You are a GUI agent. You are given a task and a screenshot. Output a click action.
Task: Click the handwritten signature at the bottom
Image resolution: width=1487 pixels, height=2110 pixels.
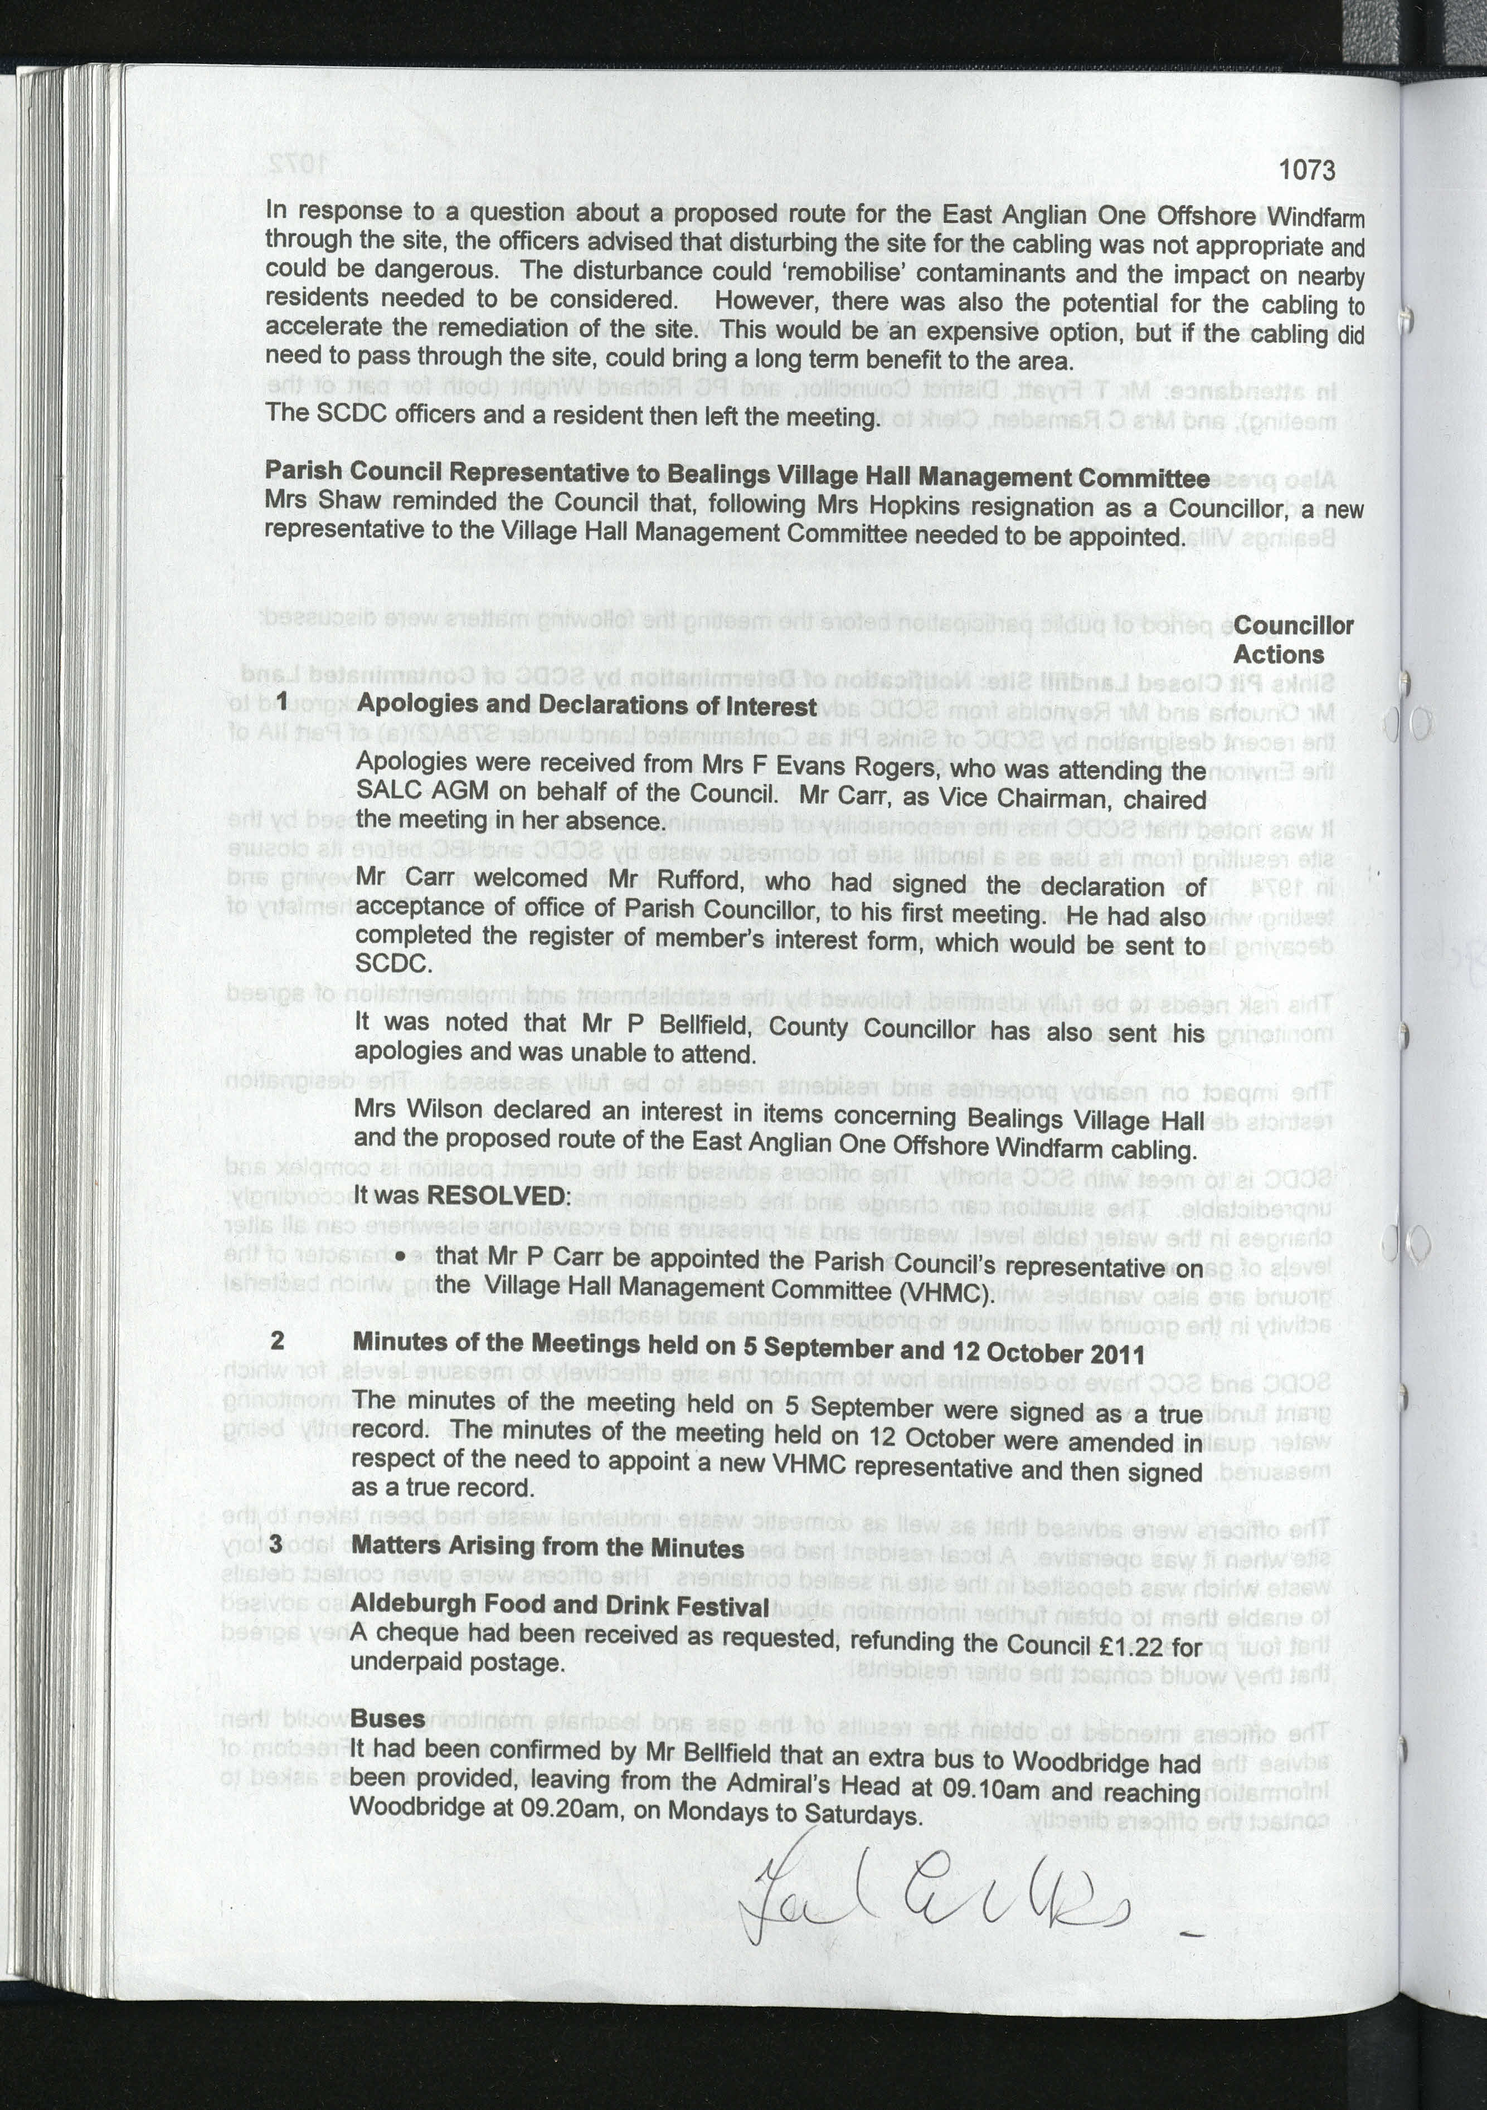click(x=937, y=1884)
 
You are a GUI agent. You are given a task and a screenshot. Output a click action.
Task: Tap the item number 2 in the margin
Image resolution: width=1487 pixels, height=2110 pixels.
click(x=278, y=1340)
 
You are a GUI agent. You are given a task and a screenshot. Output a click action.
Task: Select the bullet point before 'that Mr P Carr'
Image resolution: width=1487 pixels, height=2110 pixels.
click(x=399, y=1256)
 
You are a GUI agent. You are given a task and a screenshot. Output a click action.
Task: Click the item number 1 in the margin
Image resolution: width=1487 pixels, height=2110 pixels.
click(x=282, y=701)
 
